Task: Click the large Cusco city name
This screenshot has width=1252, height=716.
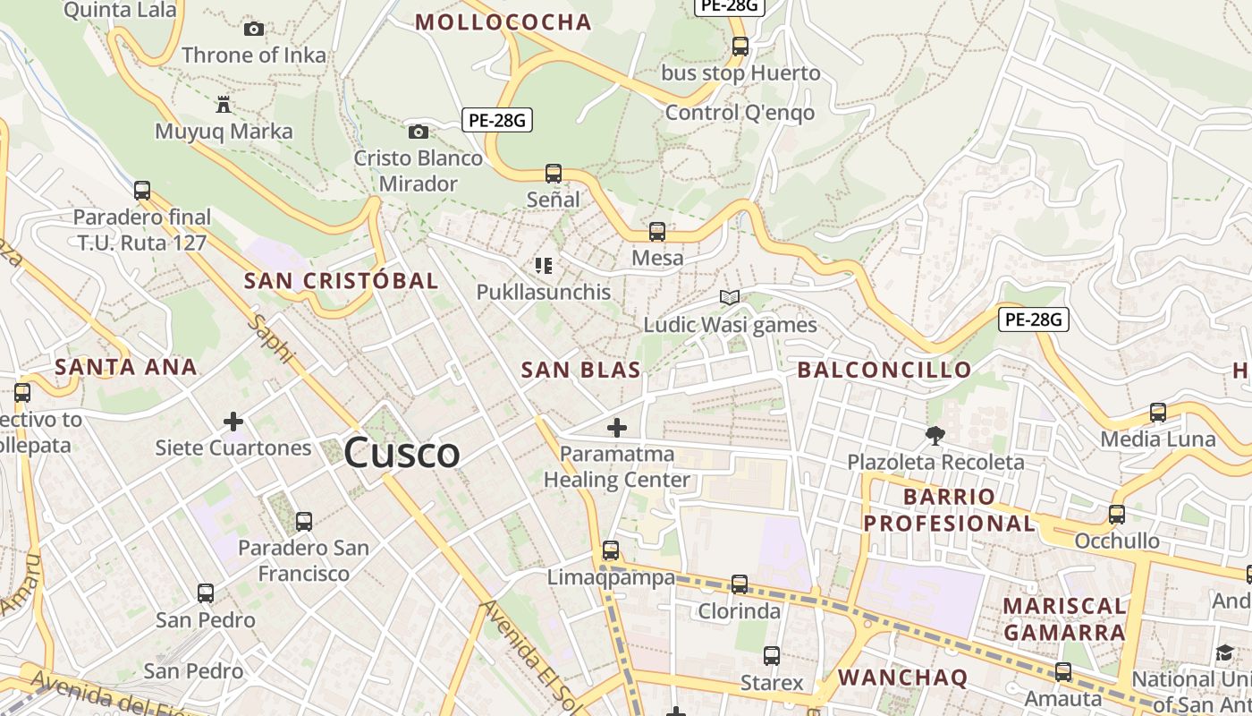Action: [402, 453]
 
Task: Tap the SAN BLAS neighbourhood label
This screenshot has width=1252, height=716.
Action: [580, 370]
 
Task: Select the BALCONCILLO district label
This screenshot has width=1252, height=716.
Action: [884, 370]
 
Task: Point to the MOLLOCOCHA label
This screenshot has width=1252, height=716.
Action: [503, 22]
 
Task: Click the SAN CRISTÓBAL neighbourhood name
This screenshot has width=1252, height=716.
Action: [341, 280]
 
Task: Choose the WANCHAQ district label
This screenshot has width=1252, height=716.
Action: [902, 678]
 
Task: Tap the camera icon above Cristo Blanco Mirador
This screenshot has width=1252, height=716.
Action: [418, 132]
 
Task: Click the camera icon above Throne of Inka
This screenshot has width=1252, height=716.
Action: [254, 30]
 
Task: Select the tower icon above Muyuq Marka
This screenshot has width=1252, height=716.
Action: [224, 106]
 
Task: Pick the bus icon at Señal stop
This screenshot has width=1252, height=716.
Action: [554, 174]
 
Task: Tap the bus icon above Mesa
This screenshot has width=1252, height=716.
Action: [657, 232]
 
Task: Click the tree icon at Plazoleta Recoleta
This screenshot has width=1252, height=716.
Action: [935, 436]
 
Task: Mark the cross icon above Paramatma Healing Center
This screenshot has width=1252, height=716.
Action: [617, 428]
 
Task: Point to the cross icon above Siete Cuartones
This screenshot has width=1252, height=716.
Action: [233, 421]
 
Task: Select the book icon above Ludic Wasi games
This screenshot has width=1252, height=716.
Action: [730, 298]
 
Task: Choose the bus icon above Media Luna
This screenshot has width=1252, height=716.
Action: [1158, 413]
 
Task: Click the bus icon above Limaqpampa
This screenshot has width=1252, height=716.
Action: [611, 550]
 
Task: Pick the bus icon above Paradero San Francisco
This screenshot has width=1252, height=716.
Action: [304, 522]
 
